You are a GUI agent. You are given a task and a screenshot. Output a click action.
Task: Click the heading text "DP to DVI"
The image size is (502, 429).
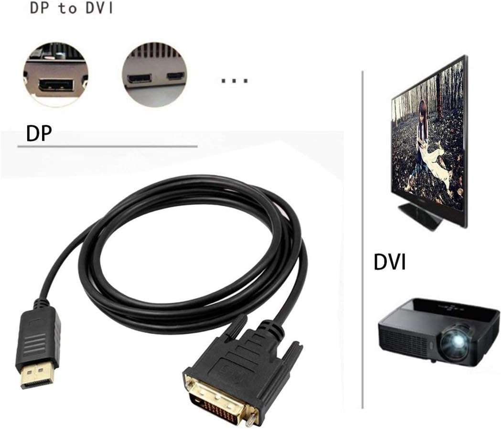coord(72,9)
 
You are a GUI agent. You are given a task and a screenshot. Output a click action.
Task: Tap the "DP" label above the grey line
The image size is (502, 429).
coord(39,134)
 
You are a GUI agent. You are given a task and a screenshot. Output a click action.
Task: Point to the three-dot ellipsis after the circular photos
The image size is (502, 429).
coord(235,80)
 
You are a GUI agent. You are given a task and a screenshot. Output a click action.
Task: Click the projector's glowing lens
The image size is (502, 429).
coord(454,340)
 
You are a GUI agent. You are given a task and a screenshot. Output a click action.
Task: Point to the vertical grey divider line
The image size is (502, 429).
coord(363,239)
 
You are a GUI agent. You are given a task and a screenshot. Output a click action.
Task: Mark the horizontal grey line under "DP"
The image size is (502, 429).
coord(107,146)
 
